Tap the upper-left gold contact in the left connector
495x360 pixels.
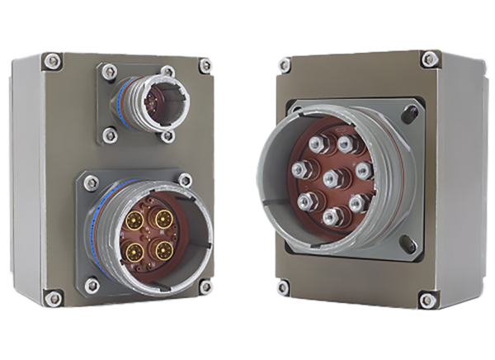pos(133,221)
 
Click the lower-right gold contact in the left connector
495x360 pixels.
pos(159,247)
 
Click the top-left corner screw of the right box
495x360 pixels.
pos(285,63)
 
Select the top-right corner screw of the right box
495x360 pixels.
pos(429,58)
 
